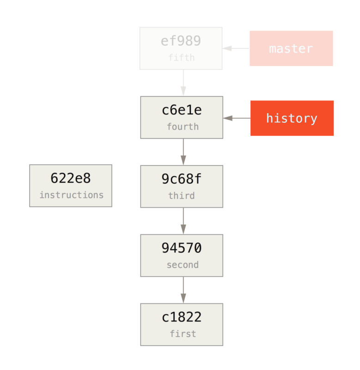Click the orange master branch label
point(291,49)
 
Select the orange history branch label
point(292,118)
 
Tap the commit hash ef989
point(181,41)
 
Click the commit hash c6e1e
point(182,111)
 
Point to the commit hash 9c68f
point(182,179)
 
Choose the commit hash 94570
point(182,248)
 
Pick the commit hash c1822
point(182,317)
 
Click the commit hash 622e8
point(71,179)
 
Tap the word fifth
point(181,58)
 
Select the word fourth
point(183,127)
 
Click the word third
point(181,196)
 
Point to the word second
point(183,265)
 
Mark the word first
point(183,334)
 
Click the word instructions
point(71,195)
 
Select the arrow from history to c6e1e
point(237,118)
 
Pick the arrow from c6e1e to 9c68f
point(183,152)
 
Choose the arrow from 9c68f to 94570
point(183,221)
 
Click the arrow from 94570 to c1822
point(183,290)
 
